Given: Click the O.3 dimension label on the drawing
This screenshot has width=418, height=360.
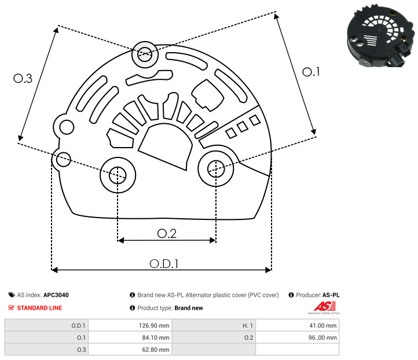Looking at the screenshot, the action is click(x=23, y=78).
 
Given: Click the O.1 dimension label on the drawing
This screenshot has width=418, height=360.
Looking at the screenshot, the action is click(x=311, y=72).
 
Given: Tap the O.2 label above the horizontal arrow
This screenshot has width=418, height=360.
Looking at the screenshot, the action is click(x=167, y=234).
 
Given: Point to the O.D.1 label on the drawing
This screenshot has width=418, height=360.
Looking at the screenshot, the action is click(x=164, y=264).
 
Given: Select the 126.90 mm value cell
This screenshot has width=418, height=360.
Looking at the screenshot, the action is click(x=130, y=325).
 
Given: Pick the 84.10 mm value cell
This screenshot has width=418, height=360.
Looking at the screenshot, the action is click(x=130, y=337).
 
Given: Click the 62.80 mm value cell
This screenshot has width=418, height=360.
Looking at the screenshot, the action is click(x=130, y=350).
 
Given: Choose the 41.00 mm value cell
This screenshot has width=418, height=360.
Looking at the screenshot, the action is click(x=297, y=325).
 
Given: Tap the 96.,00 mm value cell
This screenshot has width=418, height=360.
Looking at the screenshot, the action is click(x=297, y=337).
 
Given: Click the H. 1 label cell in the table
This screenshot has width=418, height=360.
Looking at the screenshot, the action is click(x=214, y=325).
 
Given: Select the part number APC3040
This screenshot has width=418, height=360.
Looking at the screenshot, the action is click(x=56, y=295).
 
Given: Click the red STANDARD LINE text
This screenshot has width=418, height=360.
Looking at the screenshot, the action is click(x=39, y=308).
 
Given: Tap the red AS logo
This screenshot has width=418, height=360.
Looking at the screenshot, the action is click(x=324, y=306).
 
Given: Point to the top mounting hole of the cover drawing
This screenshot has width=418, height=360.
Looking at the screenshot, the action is click(x=145, y=54).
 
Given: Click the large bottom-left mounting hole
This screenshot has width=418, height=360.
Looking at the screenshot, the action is click(x=118, y=175).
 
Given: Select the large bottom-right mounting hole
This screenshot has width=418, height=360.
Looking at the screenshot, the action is click(x=216, y=168).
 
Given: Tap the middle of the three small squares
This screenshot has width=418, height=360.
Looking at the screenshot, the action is click(x=243, y=127).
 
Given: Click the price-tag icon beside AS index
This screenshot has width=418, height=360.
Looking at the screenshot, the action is click(x=12, y=295).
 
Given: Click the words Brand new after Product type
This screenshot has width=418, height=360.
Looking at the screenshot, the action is click(x=189, y=308).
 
